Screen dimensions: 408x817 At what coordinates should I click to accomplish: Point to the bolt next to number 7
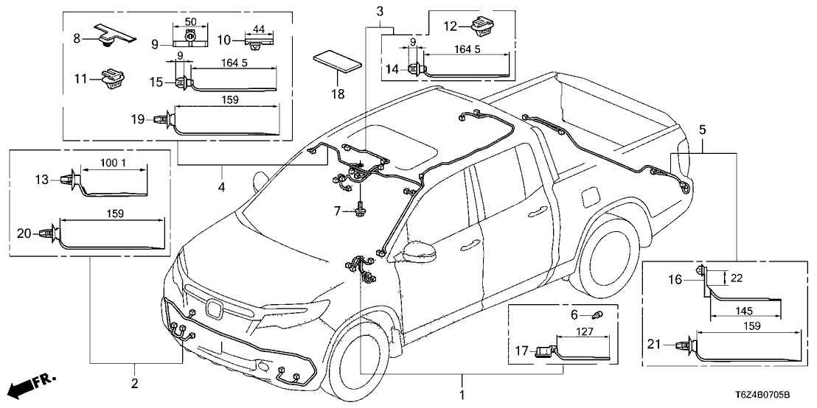point(362,208)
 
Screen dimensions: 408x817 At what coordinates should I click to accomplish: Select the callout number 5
point(703,130)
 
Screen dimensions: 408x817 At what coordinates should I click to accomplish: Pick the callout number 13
point(41,178)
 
